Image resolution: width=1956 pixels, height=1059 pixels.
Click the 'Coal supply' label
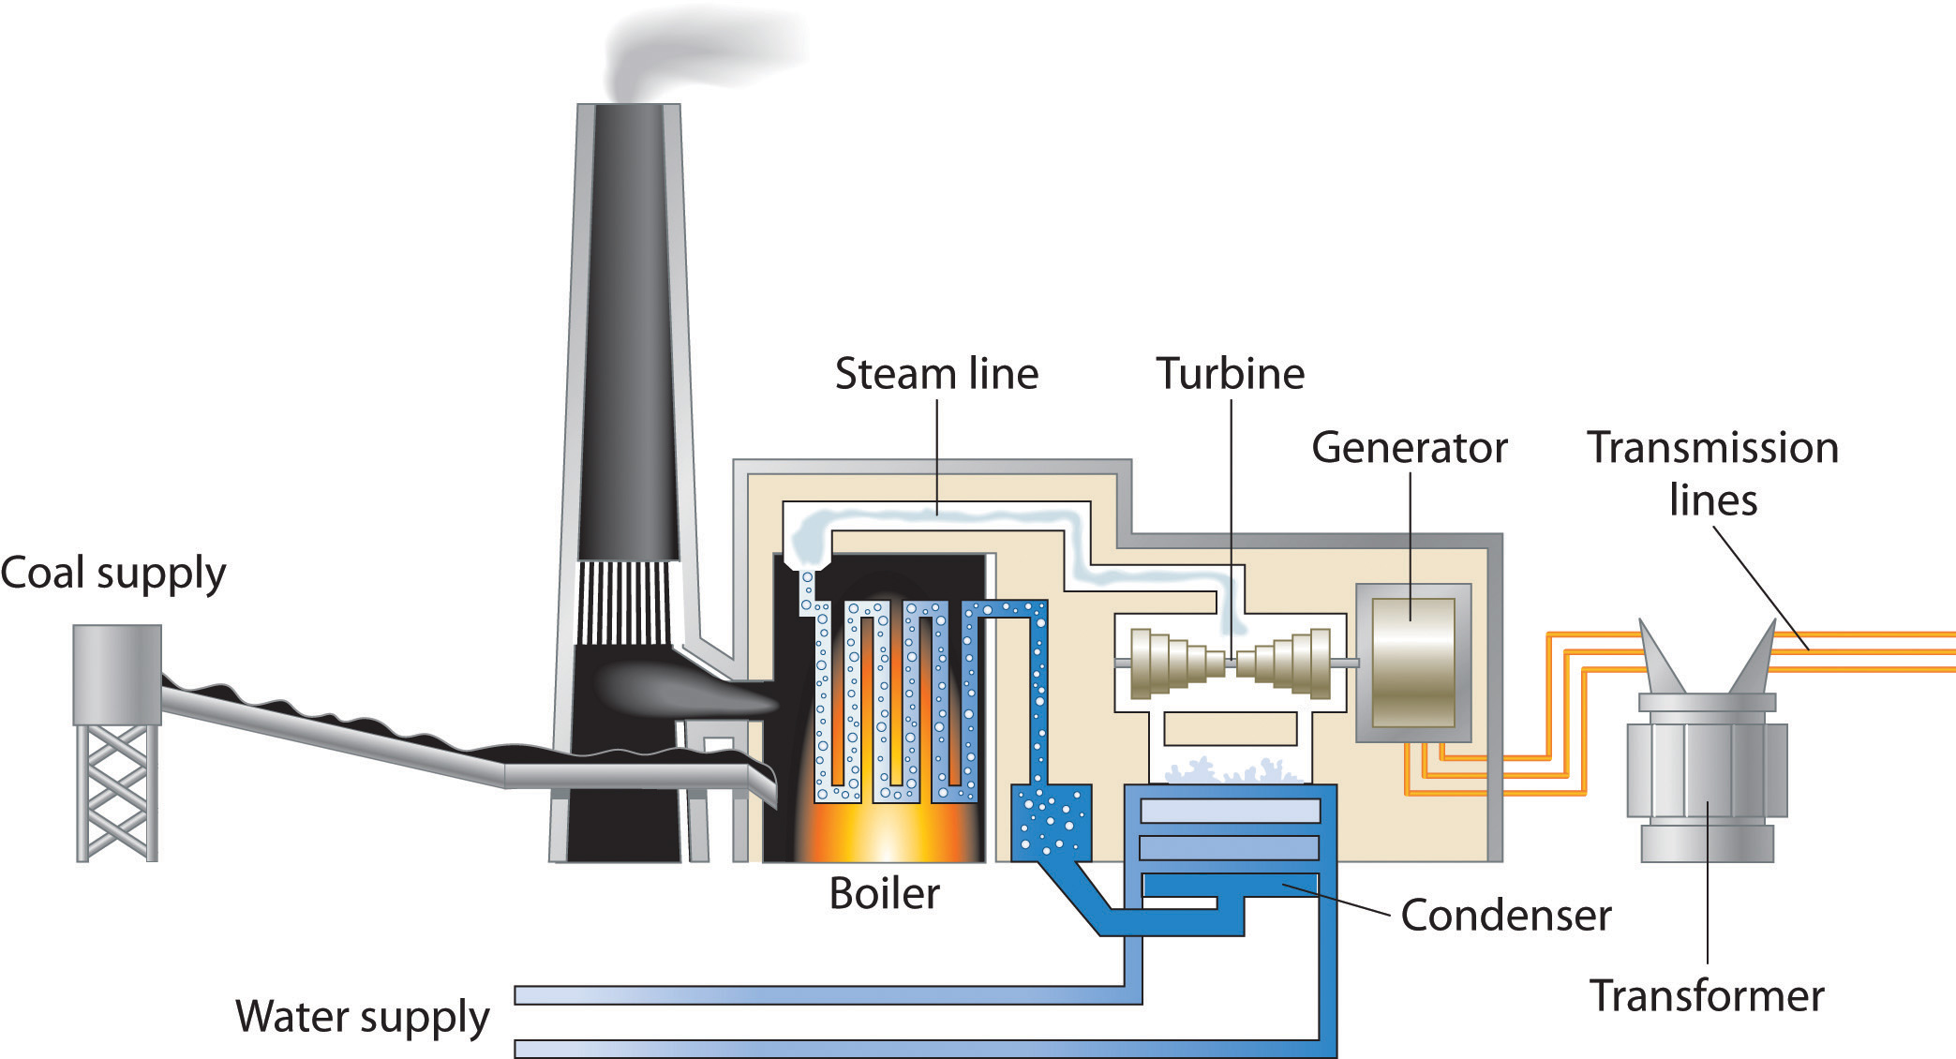[x=112, y=574]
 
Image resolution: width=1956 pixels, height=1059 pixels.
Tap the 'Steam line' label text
[x=936, y=374]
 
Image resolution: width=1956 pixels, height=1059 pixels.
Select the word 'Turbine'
[x=1230, y=374]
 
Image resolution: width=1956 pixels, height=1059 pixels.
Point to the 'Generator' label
[x=1409, y=448]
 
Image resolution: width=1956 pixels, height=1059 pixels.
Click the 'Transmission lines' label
[x=1712, y=473]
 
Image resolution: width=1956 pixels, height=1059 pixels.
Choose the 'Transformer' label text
[x=1707, y=995]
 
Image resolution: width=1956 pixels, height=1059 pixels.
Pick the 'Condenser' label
[x=1505, y=916]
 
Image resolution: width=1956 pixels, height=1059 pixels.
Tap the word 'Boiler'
[x=884, y=894]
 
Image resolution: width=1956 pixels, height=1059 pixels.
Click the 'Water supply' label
[x=363, y=1017]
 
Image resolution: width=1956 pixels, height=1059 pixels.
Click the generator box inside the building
[x=1412, y=663]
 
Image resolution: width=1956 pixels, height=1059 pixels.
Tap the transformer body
[x=1706, y=778]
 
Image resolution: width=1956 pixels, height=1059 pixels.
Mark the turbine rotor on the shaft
[x=1231, y=663]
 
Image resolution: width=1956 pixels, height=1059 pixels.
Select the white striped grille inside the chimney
[x=624, y=602]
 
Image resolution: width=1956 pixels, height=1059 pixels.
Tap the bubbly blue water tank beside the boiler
[x=1051, y=820]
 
